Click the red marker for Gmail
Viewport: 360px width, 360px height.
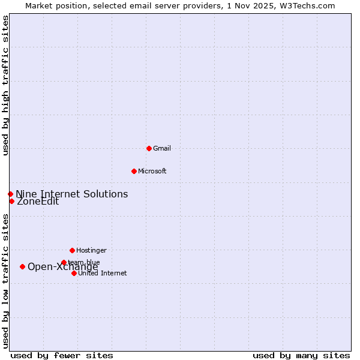click(149, 148)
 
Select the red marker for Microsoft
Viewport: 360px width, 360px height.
click(134, 171)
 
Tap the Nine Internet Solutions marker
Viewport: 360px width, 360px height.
click(10, 194)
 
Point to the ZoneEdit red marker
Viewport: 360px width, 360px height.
click(11, 201)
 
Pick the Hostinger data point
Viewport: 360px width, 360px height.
click(72, 250)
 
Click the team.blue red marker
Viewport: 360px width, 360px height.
click(64, 262)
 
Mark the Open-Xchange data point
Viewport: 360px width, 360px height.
click(22, 266)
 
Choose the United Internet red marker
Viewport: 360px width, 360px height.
click(74, 273)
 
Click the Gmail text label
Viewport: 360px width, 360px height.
click(162, 148)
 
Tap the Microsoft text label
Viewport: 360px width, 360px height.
click(152, 171)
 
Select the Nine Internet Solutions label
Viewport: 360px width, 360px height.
click(71, 194)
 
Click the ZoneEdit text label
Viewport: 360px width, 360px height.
click(38, 202)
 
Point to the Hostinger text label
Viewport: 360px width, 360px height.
click(91, 250)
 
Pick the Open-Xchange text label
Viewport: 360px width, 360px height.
click(62, 267)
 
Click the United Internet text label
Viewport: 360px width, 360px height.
click(102, 273)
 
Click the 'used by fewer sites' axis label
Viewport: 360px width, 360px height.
click(62, 355)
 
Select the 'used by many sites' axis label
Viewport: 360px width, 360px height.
click(301, 355)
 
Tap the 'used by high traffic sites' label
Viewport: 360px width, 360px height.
click(5, 85)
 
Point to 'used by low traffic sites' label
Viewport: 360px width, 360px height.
click(5, 281)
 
